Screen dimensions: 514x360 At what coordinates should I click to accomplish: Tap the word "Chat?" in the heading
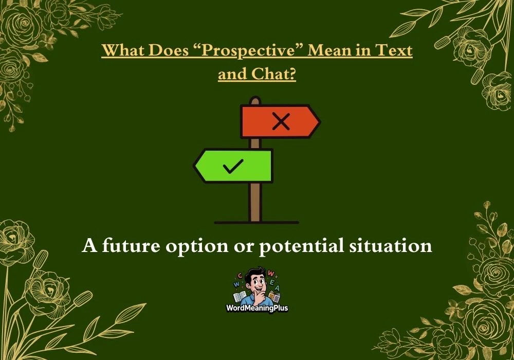pos(274,74)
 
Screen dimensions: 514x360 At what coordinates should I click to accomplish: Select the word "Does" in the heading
pos(169,50)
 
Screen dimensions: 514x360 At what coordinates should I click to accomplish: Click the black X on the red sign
pos(281,122)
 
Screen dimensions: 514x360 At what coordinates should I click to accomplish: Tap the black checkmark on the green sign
pos(233,166)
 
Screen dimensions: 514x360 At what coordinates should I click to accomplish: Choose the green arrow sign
pos(233,166)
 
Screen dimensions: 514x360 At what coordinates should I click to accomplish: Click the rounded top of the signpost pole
pos(255,99)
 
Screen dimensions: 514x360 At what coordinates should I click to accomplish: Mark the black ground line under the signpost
pos(256,223)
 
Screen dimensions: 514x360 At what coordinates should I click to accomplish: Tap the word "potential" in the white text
pos(302,246)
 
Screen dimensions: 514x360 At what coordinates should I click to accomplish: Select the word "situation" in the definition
pos(391,245)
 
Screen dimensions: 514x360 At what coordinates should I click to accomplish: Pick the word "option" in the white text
pos(197,246)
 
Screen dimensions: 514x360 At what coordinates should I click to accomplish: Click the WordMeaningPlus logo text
pos(257,308)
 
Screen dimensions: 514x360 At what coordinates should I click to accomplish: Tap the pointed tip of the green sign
pos(194,166)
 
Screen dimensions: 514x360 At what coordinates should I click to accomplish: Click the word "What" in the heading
pos(123,50)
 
